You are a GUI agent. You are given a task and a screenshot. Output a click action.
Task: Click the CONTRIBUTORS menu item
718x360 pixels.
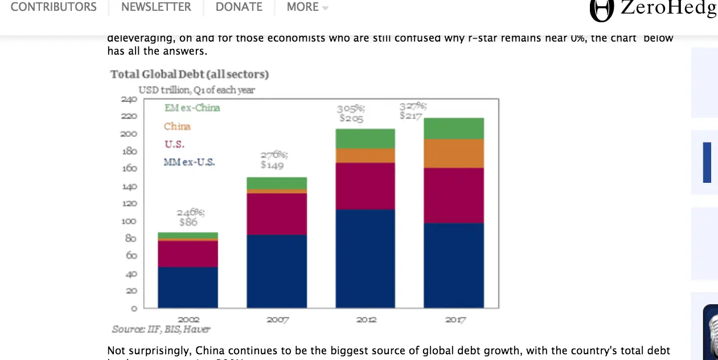(54, 7)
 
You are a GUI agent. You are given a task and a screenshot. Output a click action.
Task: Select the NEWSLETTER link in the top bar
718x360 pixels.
(156, 7)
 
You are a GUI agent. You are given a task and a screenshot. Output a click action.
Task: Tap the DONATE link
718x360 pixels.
(239, 7)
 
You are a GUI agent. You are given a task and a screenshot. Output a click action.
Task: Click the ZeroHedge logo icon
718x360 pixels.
(601, 10)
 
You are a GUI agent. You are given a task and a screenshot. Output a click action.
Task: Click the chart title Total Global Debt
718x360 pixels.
(189, 74)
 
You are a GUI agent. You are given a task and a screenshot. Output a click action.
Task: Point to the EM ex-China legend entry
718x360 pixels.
(192, 108)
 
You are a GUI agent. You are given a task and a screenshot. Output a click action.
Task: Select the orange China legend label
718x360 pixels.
(177, 126)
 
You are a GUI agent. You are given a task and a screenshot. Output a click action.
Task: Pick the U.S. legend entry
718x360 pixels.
(174, 144)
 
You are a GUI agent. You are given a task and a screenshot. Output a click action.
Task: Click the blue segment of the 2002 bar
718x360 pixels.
(188, 287)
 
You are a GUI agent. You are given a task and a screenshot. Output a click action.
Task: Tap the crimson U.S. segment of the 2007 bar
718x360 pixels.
(277, 214)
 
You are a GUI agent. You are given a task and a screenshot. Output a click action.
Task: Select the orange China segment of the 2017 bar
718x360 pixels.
(454, 153)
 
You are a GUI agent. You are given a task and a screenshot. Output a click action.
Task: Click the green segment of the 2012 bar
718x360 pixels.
(365, 138)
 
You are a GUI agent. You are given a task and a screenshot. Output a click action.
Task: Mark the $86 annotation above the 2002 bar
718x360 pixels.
(188, 222)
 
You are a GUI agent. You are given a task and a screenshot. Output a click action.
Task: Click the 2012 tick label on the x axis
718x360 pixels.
(366, 320)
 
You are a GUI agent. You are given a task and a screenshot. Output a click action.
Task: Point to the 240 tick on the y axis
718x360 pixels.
(129, 99)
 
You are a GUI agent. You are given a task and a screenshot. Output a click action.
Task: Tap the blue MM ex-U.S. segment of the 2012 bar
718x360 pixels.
(365, 259)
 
